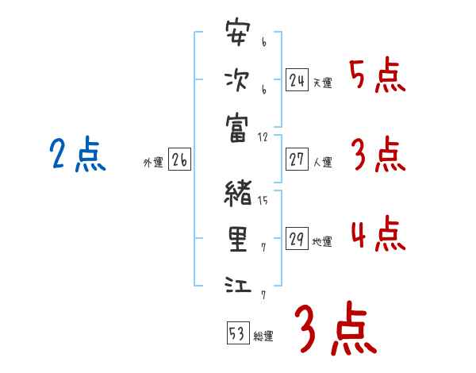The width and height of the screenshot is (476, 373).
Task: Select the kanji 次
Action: point(238,80)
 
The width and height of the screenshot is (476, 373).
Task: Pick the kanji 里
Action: point(238,239)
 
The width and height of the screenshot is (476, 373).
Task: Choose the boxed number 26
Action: point(179,160)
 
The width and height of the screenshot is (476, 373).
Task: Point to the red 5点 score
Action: point(378,78)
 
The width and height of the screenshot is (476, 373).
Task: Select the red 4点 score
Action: point(378,235)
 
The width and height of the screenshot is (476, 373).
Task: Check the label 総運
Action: point(263,336)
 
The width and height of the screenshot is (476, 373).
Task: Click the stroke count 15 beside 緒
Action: point(263,200)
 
